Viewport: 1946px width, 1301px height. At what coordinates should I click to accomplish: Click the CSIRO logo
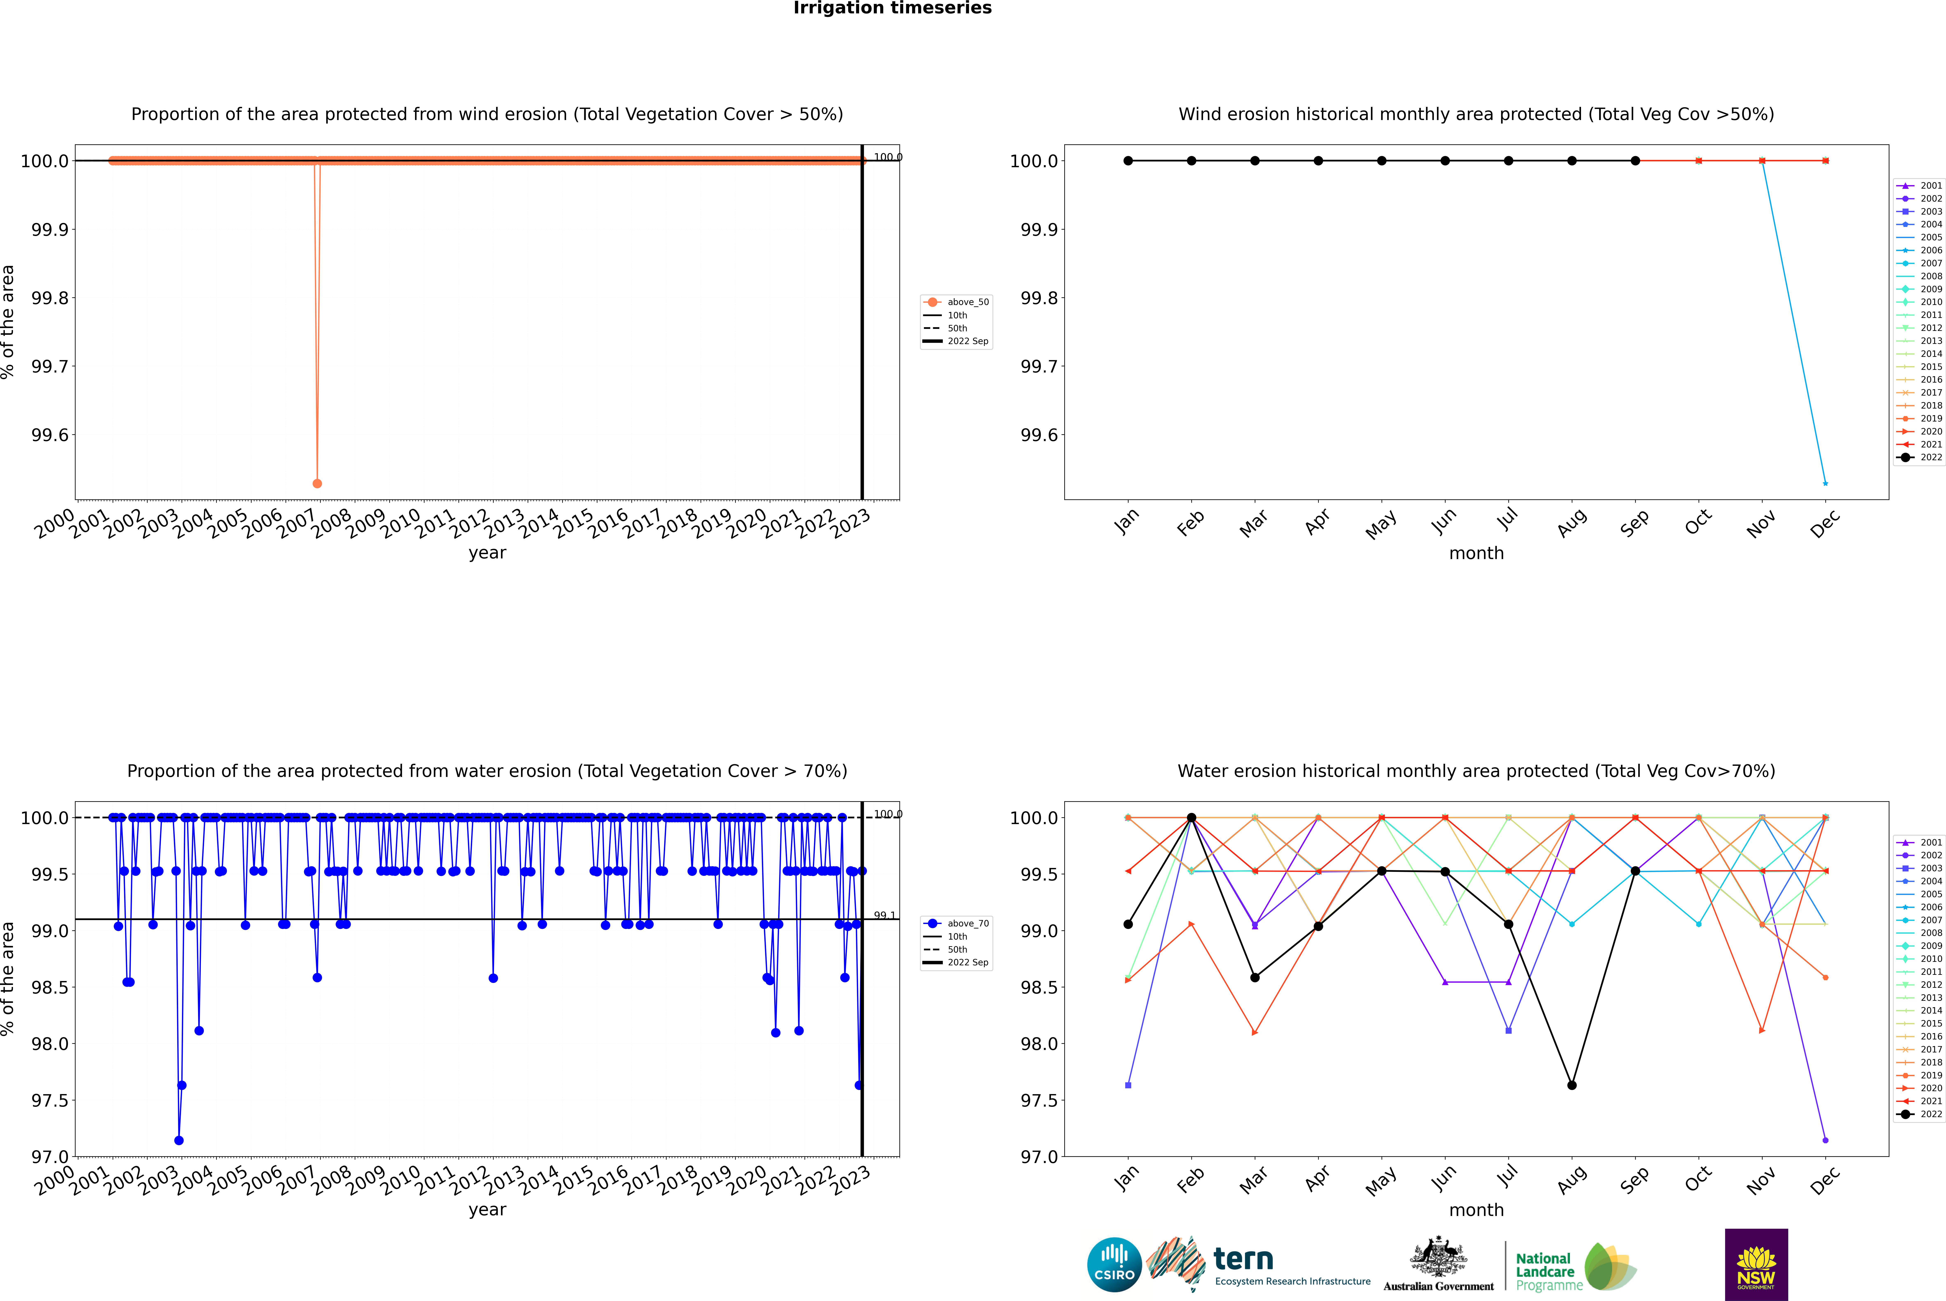coord(1114,1265)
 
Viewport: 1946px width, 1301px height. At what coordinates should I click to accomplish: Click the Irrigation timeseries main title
coord(893,8)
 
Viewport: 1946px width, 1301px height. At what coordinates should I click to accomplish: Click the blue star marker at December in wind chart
coord(1825,483)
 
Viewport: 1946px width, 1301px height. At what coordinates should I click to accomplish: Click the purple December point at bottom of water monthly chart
coord(1825,1140)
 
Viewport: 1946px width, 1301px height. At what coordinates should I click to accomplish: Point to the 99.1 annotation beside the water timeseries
coord(885,915)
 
